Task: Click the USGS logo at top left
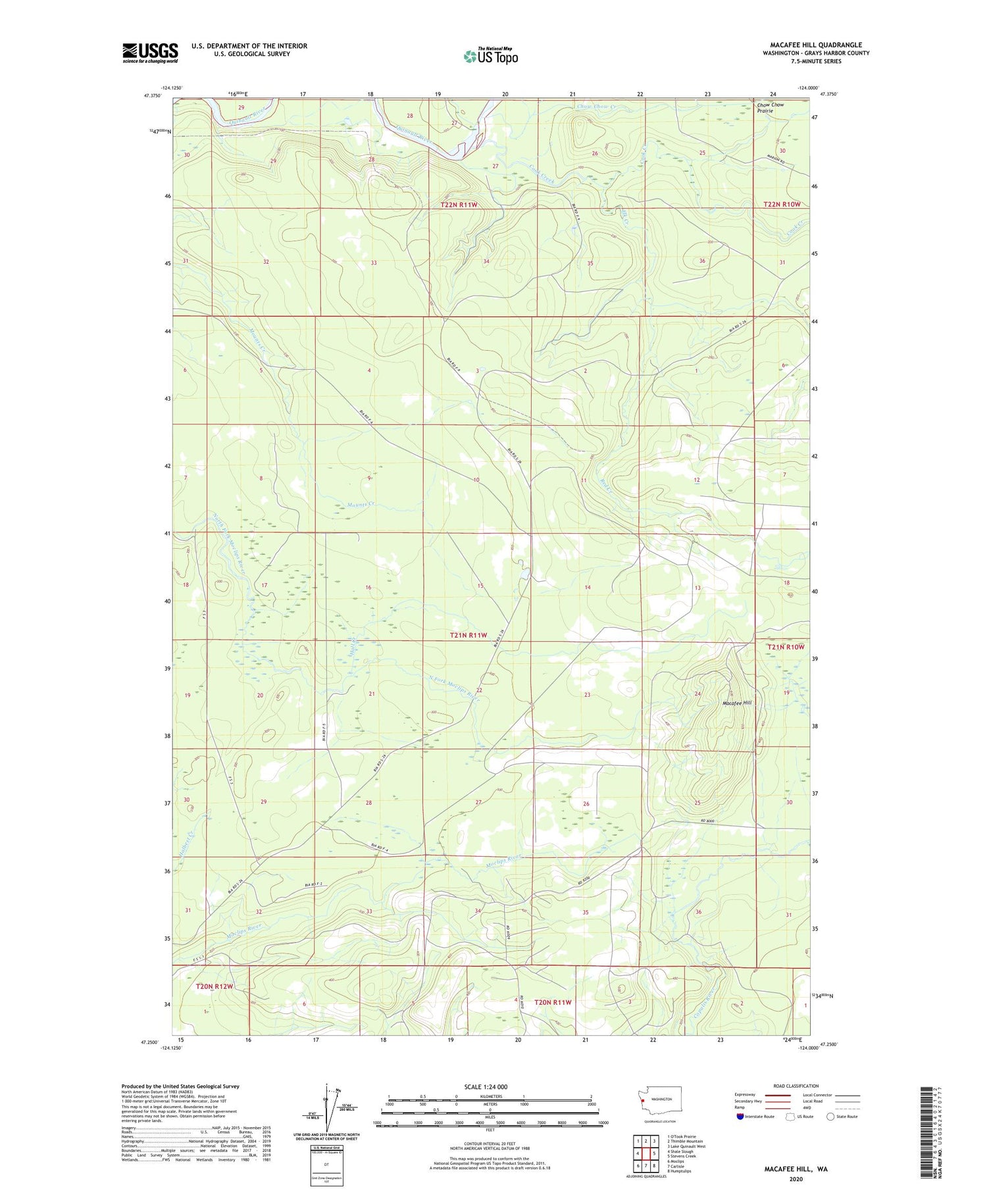150,53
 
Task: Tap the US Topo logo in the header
490,56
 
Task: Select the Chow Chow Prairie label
770,108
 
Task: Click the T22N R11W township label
459,205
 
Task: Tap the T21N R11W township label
468,635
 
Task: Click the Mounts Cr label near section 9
360,504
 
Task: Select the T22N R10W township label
782,205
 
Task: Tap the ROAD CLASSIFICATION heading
796,1086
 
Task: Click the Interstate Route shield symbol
740,1117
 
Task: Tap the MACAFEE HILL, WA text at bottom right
796,1169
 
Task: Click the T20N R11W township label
553,1002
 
